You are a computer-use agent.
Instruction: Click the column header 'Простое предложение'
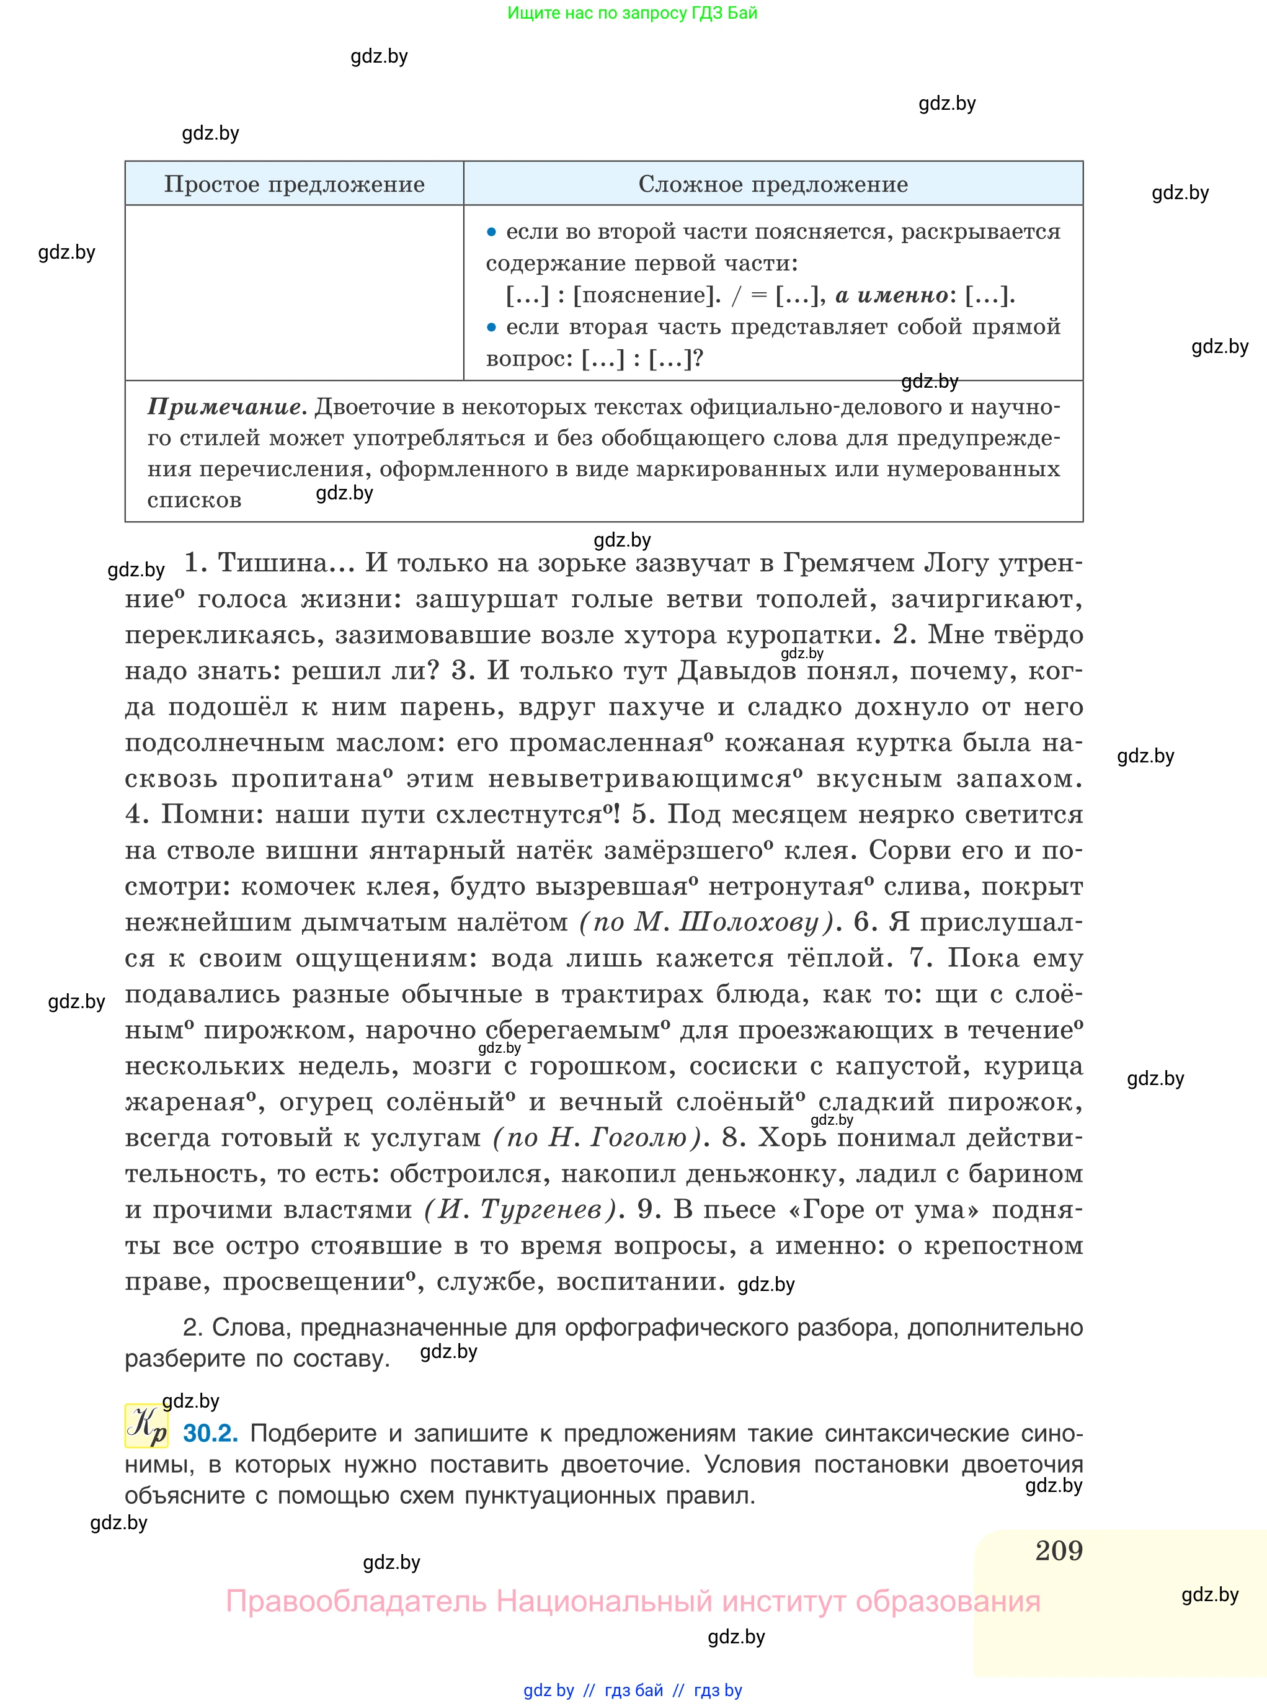(x=294, y=184)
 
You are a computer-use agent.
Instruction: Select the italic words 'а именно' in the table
(x=891, y=295)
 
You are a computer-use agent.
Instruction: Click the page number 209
(x=1059, y=1550)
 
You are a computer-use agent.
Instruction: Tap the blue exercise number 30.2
(x=210, y=1432)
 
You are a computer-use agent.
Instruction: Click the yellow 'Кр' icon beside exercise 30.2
(x=146, y=1425)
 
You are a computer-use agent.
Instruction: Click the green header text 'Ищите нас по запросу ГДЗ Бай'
(x=632, y=13)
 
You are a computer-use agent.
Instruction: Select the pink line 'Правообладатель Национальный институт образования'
(x=633, y=1602)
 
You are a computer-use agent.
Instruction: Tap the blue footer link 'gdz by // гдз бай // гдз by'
(x=633, y=1690)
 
